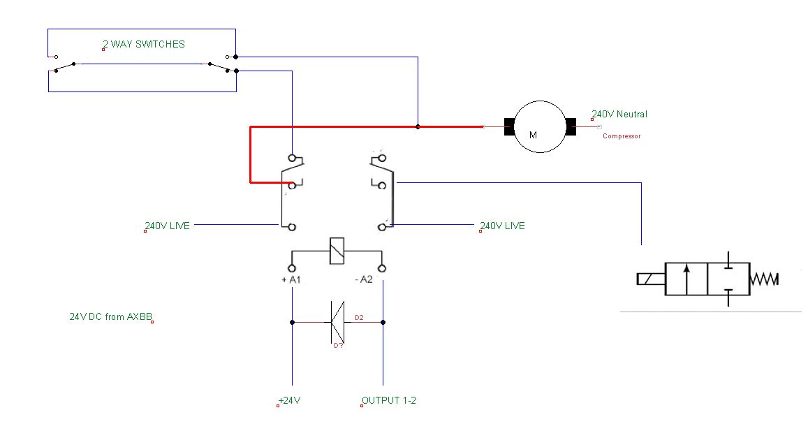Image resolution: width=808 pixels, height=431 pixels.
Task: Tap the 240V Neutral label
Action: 619,114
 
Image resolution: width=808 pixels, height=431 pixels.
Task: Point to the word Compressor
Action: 622,136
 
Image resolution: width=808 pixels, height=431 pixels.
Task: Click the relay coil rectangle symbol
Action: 337,251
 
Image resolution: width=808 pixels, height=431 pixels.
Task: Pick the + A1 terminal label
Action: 291,279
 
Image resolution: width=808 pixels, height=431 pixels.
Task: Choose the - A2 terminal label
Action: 364,279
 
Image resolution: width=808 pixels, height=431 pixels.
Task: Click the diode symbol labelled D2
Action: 337,322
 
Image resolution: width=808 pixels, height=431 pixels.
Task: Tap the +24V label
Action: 290,400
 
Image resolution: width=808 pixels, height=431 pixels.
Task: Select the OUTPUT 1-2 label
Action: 389,400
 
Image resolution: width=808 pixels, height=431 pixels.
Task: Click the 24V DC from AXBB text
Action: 111,316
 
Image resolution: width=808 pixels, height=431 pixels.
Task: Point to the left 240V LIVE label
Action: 168,226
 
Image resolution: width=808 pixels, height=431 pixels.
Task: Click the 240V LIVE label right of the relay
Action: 502,226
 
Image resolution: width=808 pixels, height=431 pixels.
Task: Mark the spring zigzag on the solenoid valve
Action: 764,279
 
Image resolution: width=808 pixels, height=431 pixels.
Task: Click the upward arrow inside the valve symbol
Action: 686,279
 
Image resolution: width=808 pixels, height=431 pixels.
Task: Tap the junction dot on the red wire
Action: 418,127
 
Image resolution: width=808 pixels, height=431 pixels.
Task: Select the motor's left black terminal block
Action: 509,127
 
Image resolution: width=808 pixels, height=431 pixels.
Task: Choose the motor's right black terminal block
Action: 571,127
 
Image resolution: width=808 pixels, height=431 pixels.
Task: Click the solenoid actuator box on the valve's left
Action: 652,279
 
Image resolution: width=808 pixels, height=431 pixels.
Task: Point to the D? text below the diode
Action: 338,345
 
